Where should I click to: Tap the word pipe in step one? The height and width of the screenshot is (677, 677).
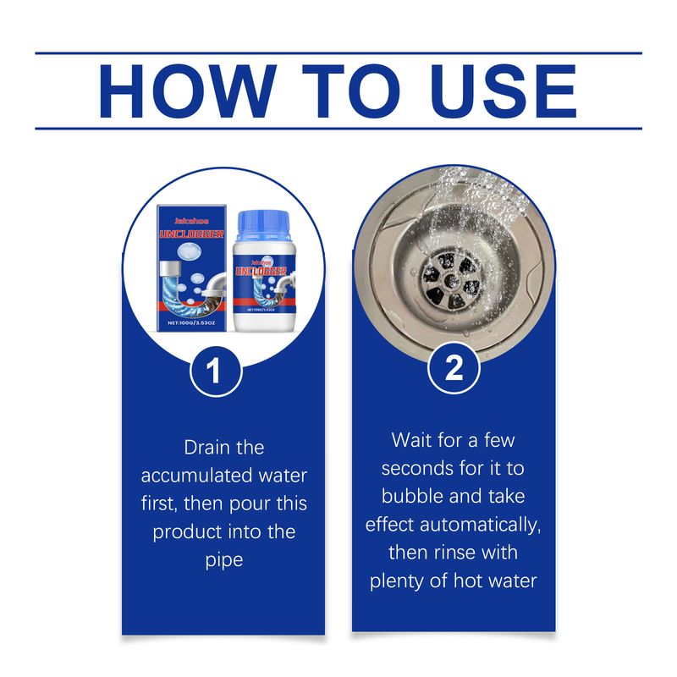[x=223, y=560]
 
